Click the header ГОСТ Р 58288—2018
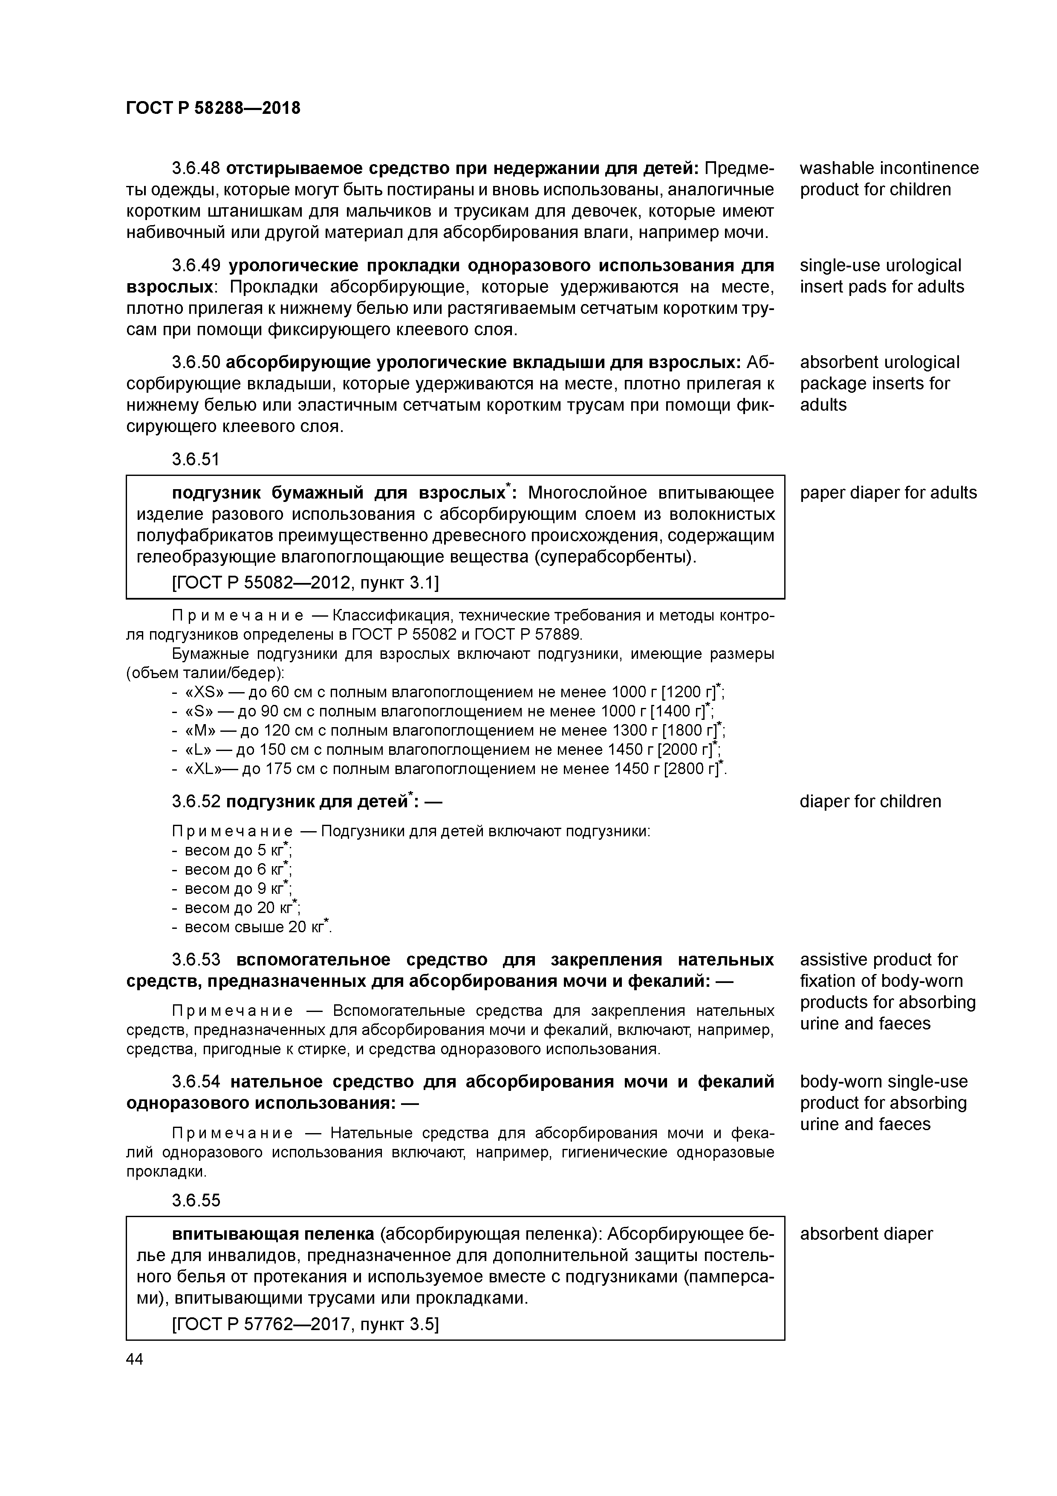(x=213, y=108)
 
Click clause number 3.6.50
(x=195, y=362)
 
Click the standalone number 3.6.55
(x=195, y=1200)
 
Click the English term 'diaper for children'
(x=870, y=801)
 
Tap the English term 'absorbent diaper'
(x=866, y=1234)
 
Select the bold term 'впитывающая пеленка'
(x=273, y=1234)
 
